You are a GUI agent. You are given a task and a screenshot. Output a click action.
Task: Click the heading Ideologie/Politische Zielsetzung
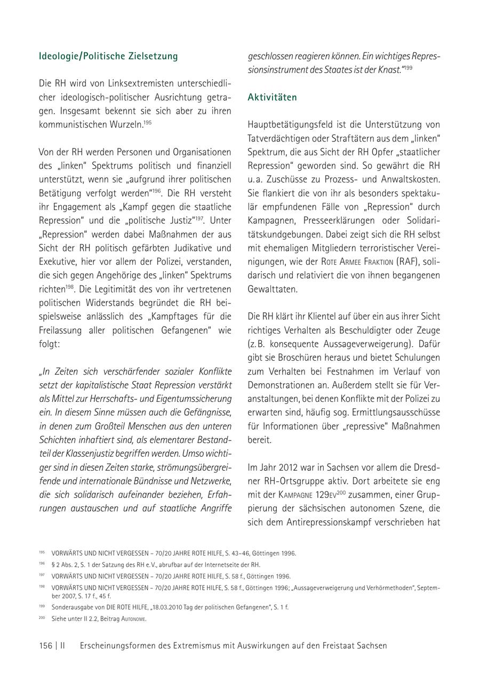click(x=108, y=56)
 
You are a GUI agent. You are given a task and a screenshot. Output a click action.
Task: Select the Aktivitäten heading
click(x=272, y=98)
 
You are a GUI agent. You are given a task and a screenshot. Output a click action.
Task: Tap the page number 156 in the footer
click(x=45, y=645)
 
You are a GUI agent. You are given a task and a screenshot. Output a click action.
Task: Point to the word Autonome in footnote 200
click(x=134, y=619)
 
